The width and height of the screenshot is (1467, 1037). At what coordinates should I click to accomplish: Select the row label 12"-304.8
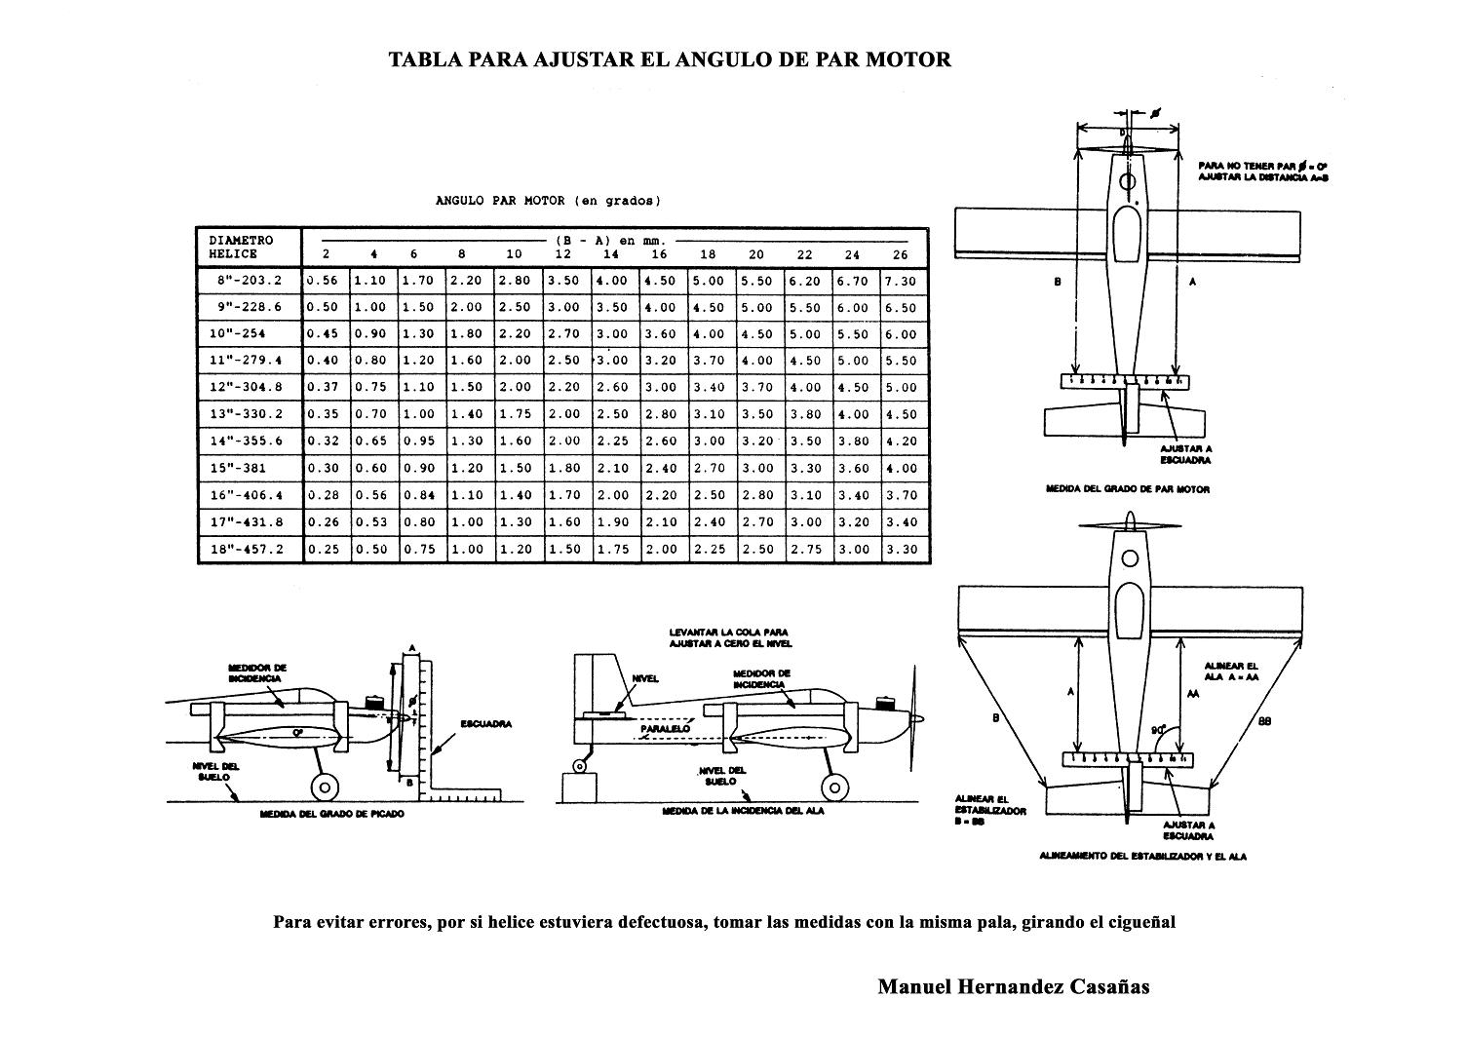click(246, 388)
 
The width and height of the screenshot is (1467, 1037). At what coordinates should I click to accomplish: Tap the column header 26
click(900, 254)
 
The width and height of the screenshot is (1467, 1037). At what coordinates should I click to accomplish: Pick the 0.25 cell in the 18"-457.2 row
click(324, 550)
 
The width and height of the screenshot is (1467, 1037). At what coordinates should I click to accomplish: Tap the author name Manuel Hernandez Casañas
click(1013, 986)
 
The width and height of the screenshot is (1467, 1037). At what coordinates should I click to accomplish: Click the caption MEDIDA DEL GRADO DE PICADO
click(332, 814)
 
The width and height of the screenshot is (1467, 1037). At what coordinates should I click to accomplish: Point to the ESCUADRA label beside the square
click(485, 724)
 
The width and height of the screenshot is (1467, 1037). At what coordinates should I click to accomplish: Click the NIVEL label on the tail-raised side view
click(645, 678)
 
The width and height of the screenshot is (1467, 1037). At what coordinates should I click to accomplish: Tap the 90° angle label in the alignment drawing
click(1158, 729)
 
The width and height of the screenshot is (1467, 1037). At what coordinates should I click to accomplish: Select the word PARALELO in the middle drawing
click(666, 728)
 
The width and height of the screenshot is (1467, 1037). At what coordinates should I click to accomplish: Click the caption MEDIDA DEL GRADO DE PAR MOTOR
click(1127, 489)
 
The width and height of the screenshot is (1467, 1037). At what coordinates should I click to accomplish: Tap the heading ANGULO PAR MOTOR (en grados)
click(548, 202)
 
